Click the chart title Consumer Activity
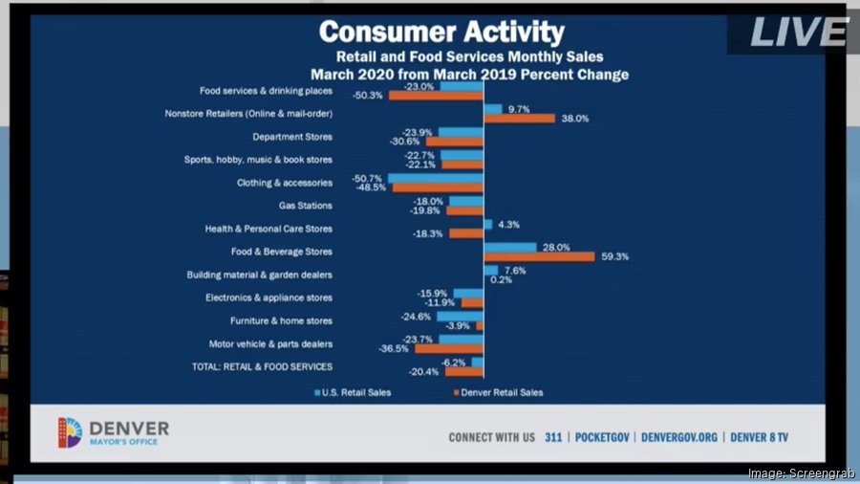click(441, 31)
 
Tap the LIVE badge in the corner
click(798, 32)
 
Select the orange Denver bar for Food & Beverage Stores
click(539, 256)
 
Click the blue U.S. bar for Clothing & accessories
click(436, 178)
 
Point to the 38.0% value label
click(573, 119)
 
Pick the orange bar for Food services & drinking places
click(436, 96)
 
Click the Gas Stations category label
click(306, 206)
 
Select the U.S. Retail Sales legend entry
click(353, 392)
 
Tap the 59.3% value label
click(613, 256)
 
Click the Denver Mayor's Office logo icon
click(70, 432)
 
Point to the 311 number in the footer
click(553, 437)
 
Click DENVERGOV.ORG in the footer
click(679, 437)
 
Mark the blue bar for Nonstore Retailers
click(493, 109)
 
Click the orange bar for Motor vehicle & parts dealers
click(449, 348)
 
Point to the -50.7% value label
click(367, 178)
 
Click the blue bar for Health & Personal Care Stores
click(487, 224)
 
